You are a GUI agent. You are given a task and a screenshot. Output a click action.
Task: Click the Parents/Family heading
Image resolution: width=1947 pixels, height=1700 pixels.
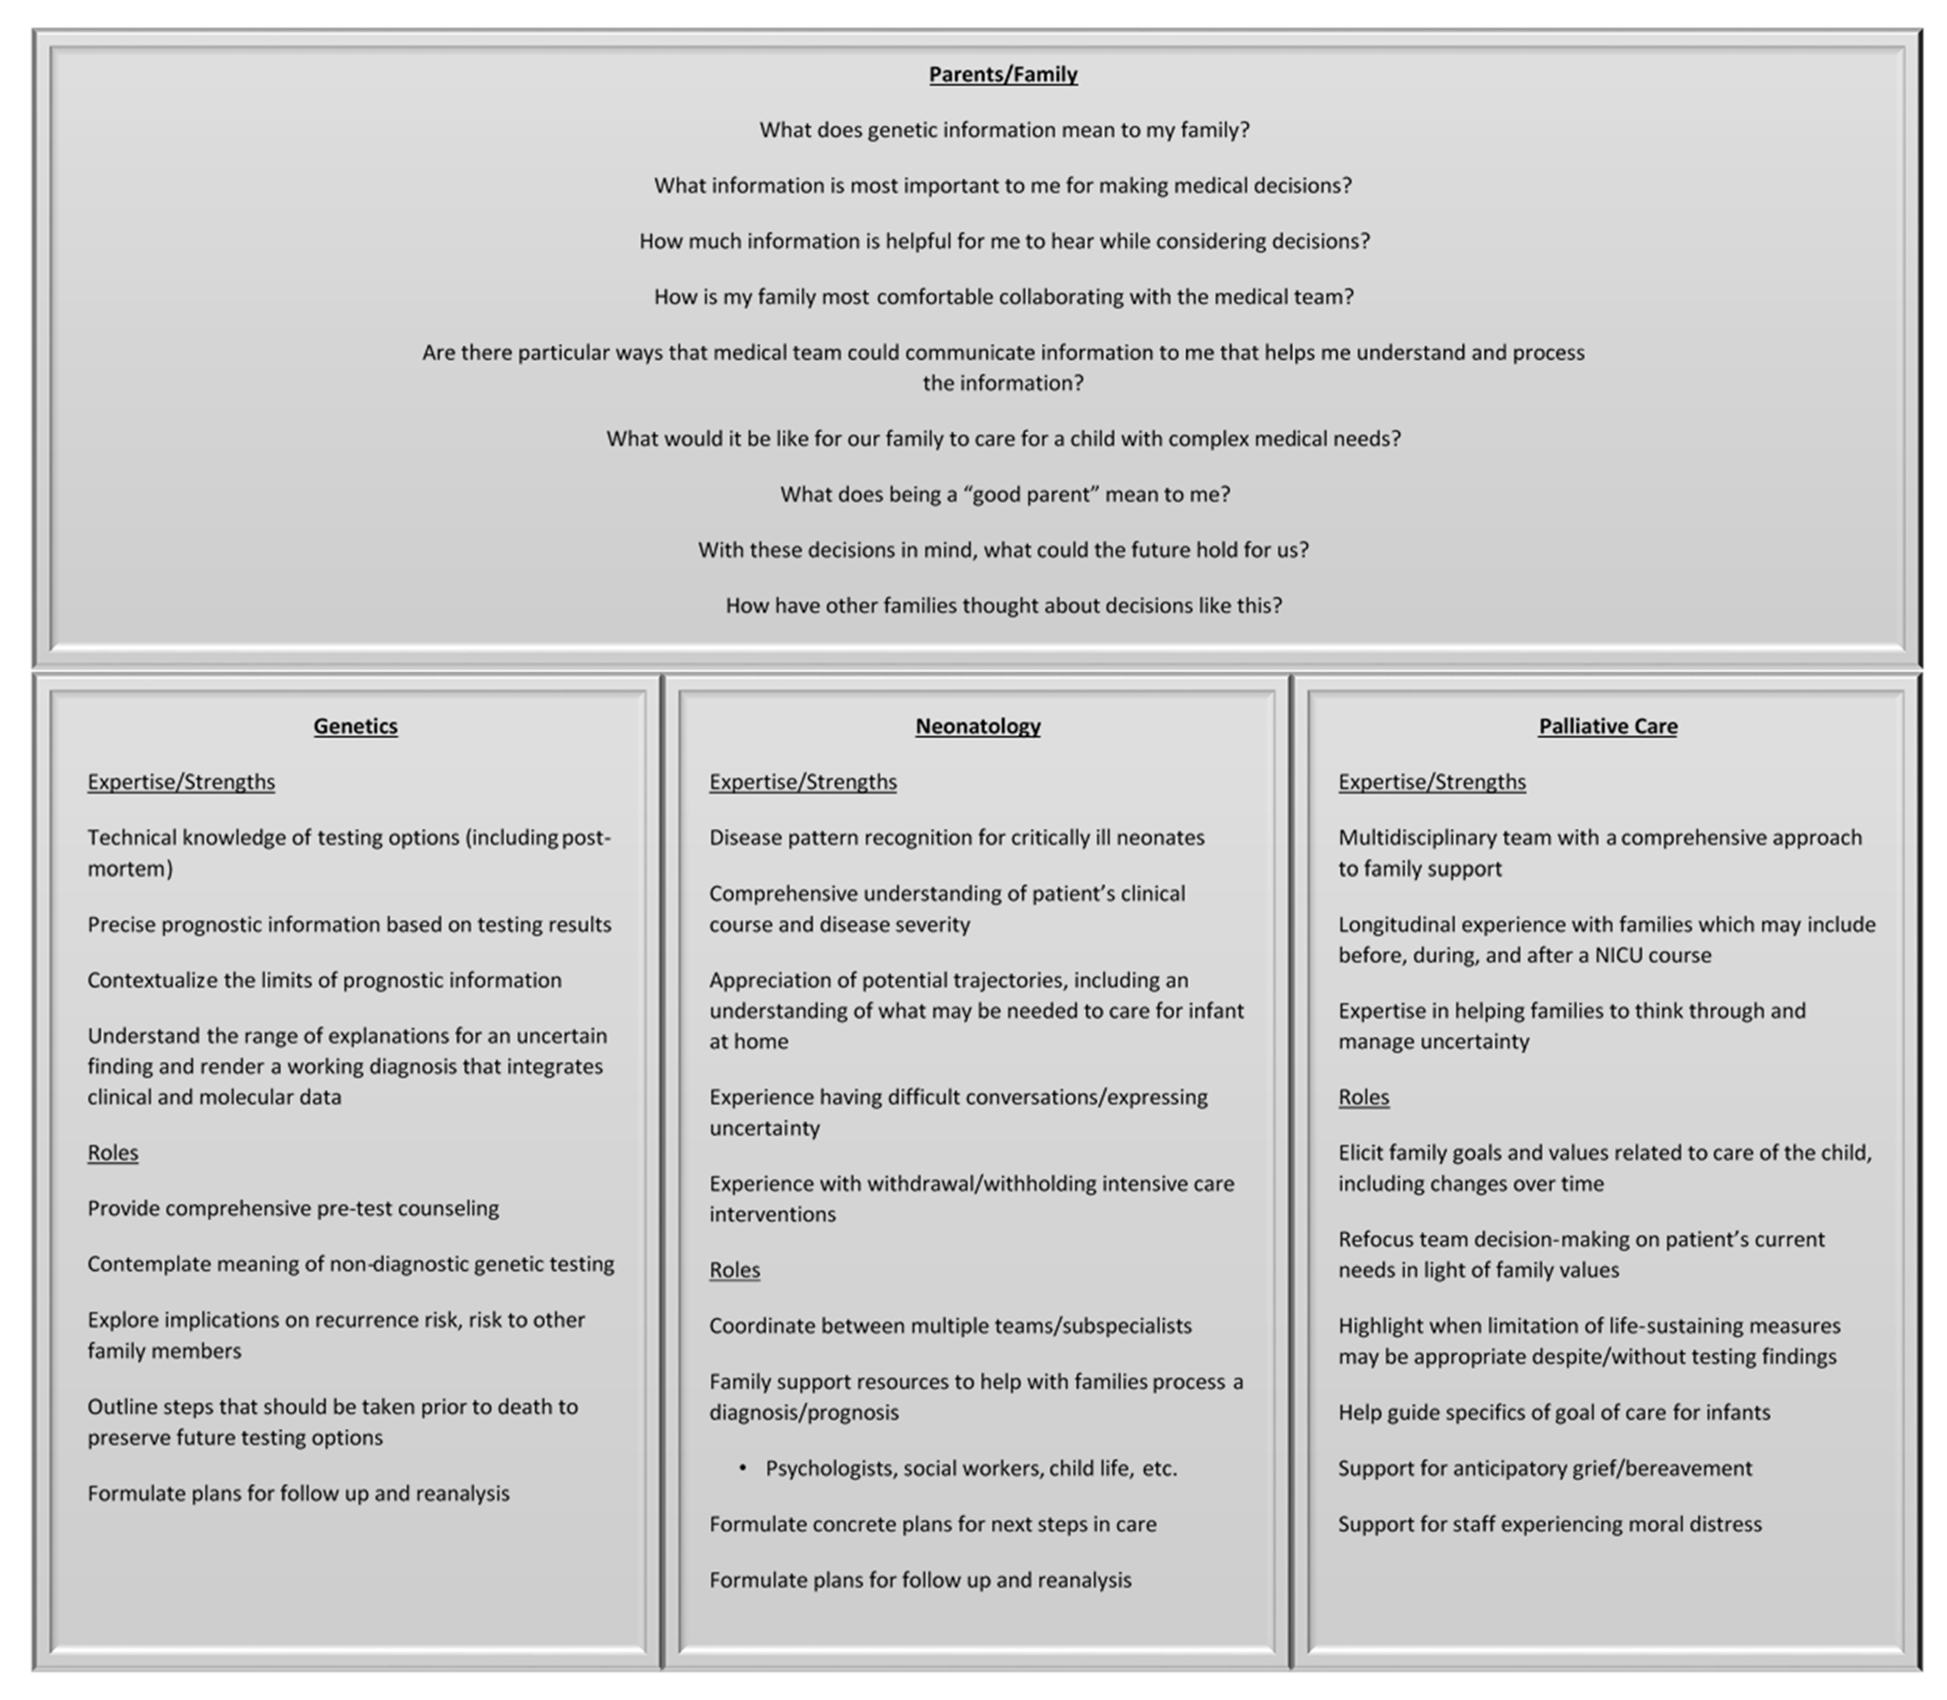(x=1003, y=74)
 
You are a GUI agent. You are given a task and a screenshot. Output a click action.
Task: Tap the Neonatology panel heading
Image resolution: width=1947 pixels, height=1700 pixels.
(x=977, y=726)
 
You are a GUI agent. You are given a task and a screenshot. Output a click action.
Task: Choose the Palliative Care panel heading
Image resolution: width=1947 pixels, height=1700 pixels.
(x=1607, y=726)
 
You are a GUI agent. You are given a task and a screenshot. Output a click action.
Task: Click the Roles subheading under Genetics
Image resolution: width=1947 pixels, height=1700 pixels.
(x=113, y=1153)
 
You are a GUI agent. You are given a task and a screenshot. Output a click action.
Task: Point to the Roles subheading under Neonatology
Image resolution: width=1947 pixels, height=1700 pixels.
(x=734, y=1269)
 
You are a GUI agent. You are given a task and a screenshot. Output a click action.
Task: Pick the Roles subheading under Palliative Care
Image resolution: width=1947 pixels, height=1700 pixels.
(x=1364, y=1097)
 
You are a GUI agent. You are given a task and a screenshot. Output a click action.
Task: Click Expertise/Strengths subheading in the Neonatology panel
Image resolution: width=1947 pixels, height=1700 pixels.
(x=803, y=782)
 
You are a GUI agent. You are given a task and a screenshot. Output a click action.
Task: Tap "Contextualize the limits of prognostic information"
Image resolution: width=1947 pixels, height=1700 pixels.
(x=324, y=980)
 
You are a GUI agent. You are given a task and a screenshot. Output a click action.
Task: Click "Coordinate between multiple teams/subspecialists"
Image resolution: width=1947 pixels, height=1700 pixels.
(x=950, y=1325)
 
